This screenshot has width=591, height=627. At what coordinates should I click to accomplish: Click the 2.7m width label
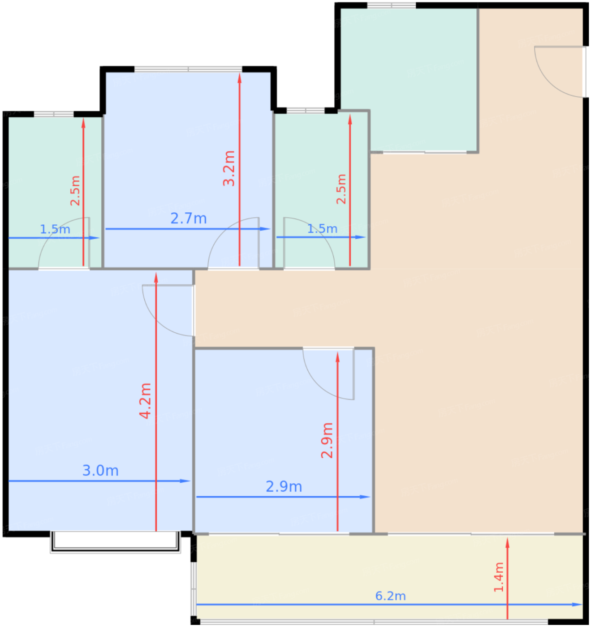click(189, 219)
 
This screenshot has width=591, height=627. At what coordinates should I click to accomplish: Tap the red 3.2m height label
click(229, 168)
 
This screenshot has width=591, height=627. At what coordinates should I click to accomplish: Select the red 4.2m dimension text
click(145, 401)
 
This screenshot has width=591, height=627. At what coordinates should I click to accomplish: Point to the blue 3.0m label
click(100, 471)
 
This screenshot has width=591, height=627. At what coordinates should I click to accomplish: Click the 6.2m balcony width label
click(390, 596)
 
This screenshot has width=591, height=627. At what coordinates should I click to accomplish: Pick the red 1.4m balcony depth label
click(499, 577)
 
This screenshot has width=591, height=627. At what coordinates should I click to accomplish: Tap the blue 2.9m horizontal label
click(284, 487)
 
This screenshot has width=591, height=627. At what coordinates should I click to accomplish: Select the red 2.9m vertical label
click(327, 440)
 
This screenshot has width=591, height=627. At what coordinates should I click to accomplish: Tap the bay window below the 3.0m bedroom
click(115, 542)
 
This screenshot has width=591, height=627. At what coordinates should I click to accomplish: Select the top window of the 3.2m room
click(188, 69)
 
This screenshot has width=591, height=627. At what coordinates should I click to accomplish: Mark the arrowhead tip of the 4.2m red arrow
click(156, 273)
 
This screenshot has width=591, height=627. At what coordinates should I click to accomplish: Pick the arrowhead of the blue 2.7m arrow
click(265, 229)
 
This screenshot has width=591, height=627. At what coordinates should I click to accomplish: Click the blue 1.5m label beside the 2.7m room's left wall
click(55, 229)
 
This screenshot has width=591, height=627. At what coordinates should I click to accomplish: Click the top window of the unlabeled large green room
click(392, 5)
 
